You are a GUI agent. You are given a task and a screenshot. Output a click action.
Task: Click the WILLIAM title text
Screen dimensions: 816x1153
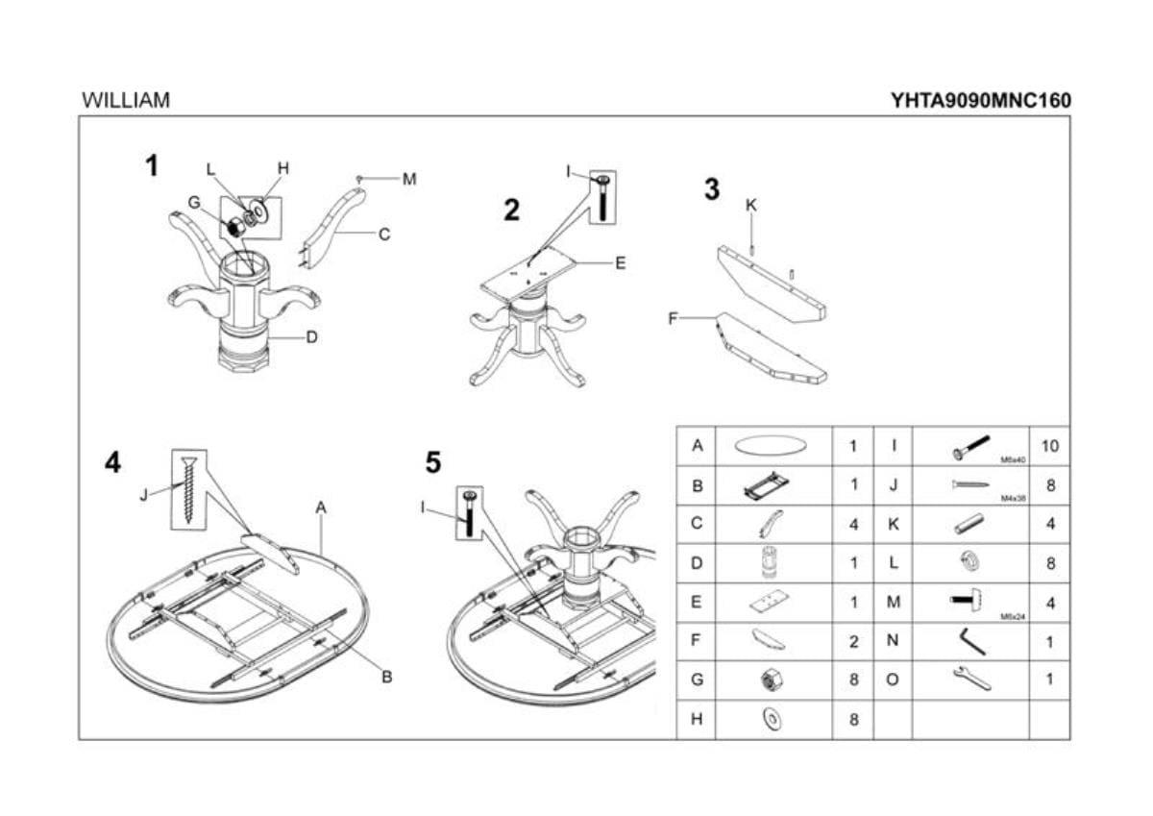pyautogui.click(x=126, y=100)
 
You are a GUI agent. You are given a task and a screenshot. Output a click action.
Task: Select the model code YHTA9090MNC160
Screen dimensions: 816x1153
pyautogui.click(x=980, y=100)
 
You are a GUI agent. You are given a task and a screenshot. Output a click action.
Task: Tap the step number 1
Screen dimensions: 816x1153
pyautogui.click(x=152, y=166)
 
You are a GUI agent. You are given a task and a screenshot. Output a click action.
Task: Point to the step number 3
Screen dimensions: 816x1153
pyautogui.click(x=711, y=189)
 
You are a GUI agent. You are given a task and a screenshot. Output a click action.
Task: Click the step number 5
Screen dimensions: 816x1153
pyautogui.click(x=433, y=463)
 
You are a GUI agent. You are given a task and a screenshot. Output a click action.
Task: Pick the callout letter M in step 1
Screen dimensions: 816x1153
pyautogui.click(x=410, y=179)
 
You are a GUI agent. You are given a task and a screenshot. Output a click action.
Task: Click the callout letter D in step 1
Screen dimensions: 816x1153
pyautogui.click(x=312, y=337)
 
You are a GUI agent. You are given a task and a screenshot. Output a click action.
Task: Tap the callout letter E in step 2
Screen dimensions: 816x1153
pyautogui.click(x=621, y=262)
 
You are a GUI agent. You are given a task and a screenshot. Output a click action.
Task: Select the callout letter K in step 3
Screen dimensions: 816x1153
pyautogui.click(x=751, y=205)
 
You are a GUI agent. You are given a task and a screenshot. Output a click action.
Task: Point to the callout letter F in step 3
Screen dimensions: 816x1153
pyautogui.click(x=674, y=318)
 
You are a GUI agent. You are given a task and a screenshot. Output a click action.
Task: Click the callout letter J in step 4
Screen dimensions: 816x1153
pyautogui.click(x=144, y=495)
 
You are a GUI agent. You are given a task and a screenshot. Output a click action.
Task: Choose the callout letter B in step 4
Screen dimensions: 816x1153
pyautogui.click(x=387, y=677)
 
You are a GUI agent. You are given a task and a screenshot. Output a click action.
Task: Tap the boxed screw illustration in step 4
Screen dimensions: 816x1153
pyautogui.click(x=189, y=488)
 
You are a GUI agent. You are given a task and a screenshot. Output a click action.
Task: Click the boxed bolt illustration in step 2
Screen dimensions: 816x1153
pyautogui.click(x=603, y=197)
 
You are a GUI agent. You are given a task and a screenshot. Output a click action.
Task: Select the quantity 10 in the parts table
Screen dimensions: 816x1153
pyautogui.click(x=1049, y=446)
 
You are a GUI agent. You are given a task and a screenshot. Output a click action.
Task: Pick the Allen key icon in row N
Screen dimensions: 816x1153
pyautogui.click(x=970, y=640)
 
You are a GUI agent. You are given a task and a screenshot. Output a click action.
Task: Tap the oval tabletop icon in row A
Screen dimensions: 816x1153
pyautogui.click(x=771, y=446)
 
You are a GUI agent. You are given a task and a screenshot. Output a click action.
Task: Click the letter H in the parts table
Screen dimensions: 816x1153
pyautogui.click(x=698, y=719)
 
